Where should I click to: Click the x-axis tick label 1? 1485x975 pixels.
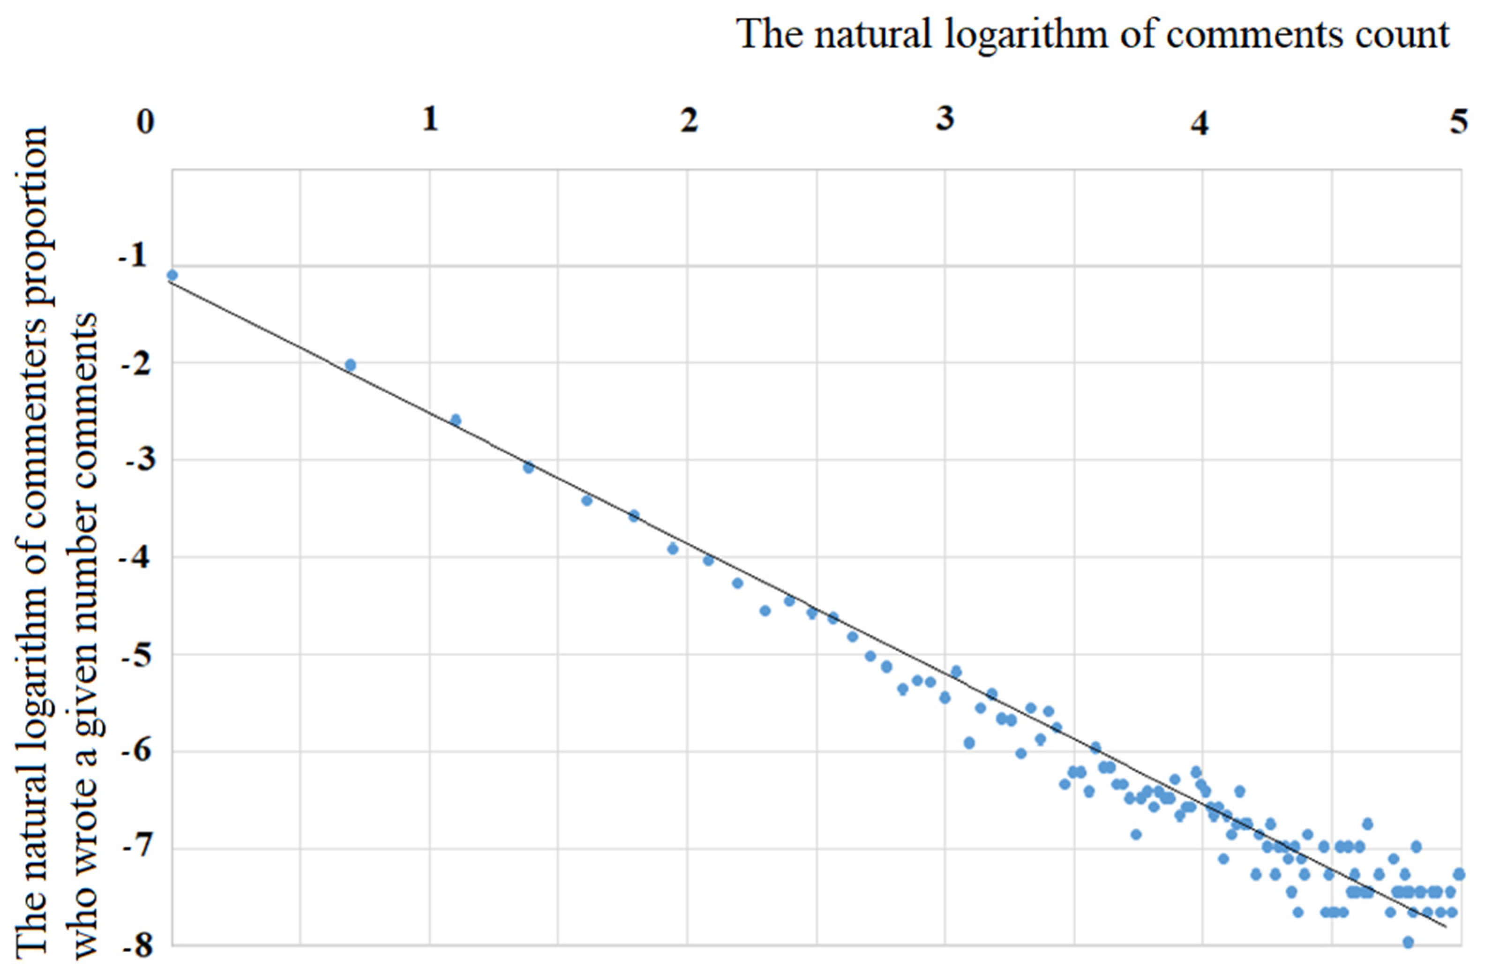click(430, 119)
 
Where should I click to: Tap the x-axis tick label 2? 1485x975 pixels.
click(689, 120)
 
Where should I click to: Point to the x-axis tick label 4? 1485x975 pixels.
click(1199, 123)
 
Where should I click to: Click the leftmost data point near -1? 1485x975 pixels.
click(172, 275)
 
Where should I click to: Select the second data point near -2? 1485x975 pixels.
click(351, 365)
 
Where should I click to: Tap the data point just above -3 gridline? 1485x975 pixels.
click(456, 420)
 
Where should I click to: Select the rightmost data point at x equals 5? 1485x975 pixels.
click(1459, 874)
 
